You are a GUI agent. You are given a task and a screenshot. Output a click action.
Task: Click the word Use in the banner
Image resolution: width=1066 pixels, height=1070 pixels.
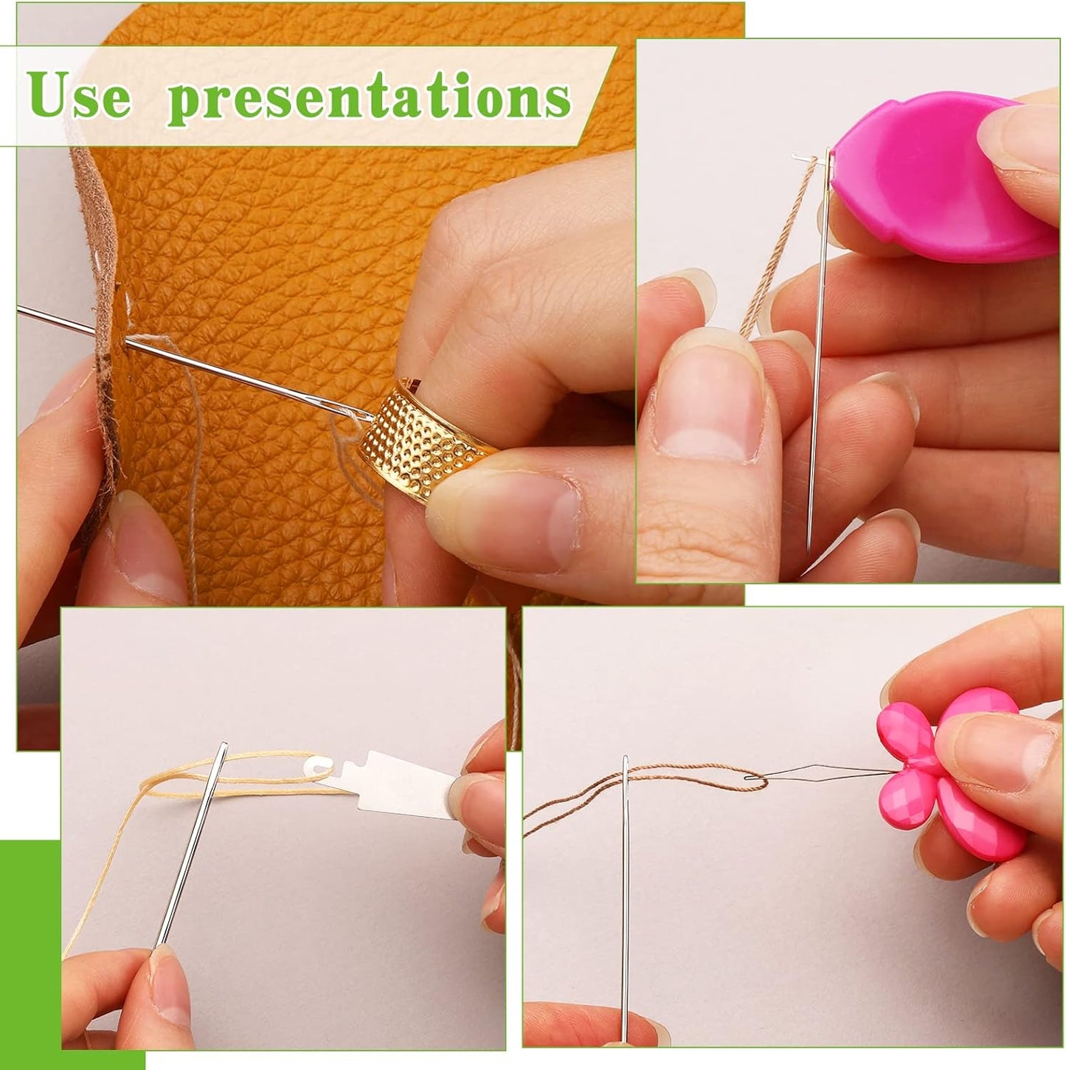(x=81, y=96)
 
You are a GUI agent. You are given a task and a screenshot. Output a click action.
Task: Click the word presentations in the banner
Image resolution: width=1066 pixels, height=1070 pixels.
(x=369, y=98)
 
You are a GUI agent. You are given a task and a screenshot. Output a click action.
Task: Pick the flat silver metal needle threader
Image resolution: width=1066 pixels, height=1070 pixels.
(x=398, y=782)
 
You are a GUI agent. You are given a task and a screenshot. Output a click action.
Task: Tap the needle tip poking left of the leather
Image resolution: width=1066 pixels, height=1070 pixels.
(x=30, y=313)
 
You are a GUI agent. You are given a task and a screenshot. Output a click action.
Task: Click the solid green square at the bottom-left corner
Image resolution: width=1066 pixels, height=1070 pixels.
(x=30, y=952)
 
